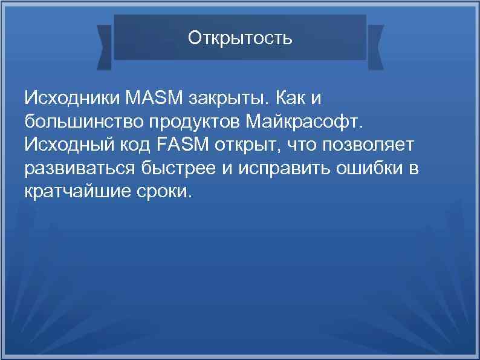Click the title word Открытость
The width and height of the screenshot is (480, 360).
coord(240,38)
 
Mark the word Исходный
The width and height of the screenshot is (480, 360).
coord(68,145)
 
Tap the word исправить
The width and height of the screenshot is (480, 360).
coord(277,168)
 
